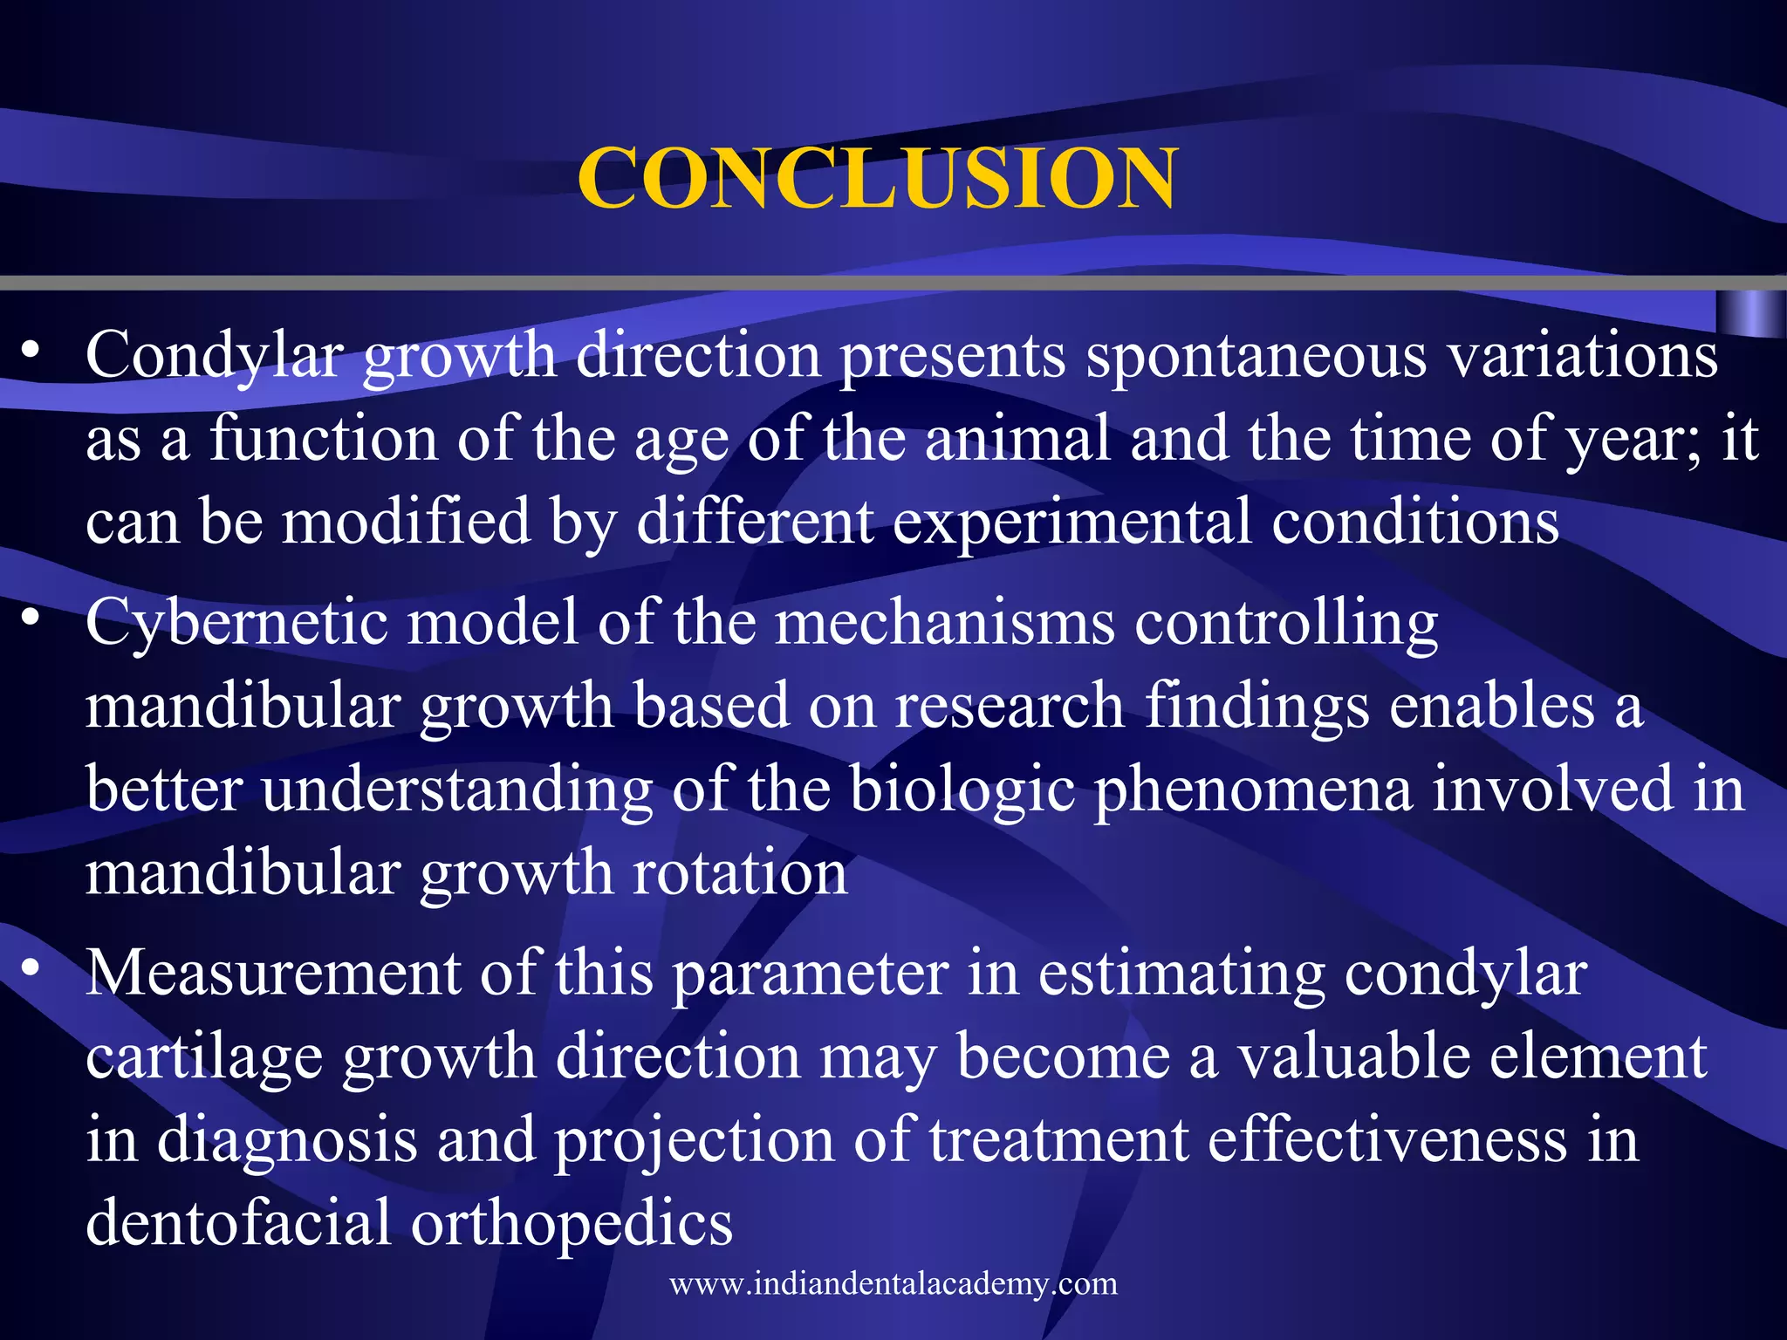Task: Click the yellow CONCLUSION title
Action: (877, 178)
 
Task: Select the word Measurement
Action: (272, 973)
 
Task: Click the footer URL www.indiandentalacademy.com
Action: (893, 1283)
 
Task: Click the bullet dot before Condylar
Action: (31, 351)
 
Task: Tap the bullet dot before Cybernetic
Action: (31, 619)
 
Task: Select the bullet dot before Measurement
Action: (31, 968)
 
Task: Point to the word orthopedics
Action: (572, 1222)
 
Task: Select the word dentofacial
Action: (238, 1222)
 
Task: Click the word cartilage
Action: (203, 1056)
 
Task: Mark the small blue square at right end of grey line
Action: (1750, 314)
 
